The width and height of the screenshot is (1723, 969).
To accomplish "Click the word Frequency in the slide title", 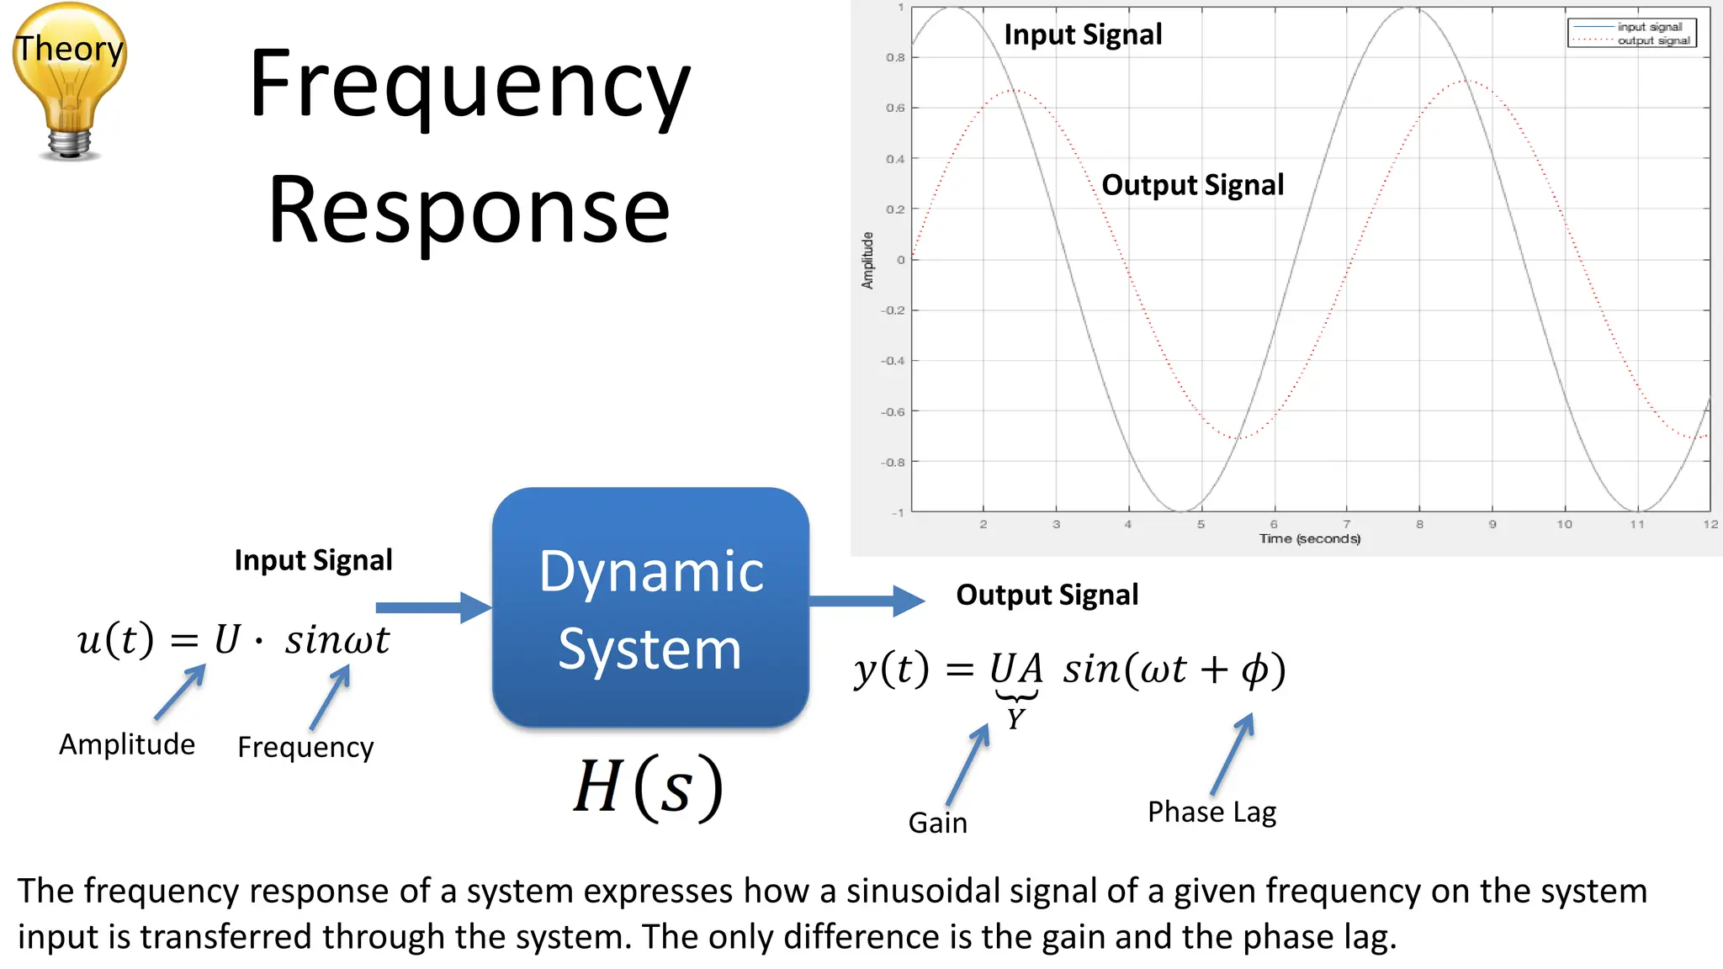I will pyautogui.click(x=469, y=86).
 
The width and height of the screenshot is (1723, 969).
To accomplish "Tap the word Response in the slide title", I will pyautogui.click(x=469, y=210).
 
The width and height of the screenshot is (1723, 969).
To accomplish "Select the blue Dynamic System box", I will pyautogui.click(x=650, y=607).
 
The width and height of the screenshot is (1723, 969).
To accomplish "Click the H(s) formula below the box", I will pyautogui.click(x=648, y=787).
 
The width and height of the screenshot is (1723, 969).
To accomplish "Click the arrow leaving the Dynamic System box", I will pyautogui.click(x=867, y=601).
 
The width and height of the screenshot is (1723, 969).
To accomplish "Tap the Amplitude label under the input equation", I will pyautogui.click(x=127, y=744).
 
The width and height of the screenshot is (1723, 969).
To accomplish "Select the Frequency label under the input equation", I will pyautogui.click(x=305, y=747).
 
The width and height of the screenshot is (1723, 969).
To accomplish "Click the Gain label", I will pyautogui.click(x=937, y=823).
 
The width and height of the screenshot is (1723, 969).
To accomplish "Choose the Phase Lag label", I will pyautogui.click(x=1211, y=812).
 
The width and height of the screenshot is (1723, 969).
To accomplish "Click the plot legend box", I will pyautogui.click(x=1631, y=33).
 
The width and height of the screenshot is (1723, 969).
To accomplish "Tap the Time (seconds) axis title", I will pyautogui.click(x=1309, y=538).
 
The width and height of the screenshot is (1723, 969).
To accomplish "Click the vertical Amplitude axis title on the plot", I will pyautogui.click(x=867, y=260).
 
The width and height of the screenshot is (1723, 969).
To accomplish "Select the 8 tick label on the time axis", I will pyautogui.click(x=1419, y=524).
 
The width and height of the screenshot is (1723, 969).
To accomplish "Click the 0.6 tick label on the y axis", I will pyautogui.click(x=894, y=108).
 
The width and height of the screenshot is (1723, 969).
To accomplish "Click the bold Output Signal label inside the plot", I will pyautogui.click(x=1192, y=185).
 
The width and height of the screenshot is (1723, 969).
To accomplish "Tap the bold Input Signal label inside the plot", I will pyautogui.click(x=1083, y=34).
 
